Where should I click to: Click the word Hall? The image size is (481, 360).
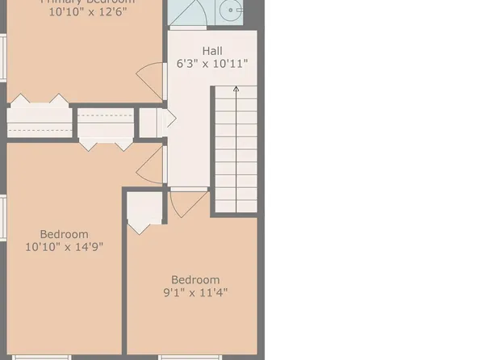point(212,50)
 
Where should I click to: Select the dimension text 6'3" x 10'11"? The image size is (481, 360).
point(212,63)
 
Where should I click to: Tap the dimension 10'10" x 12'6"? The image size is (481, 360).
point(90,13)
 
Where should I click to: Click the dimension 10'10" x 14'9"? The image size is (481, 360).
point(64,246)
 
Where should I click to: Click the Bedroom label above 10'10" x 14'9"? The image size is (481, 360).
point(64,234)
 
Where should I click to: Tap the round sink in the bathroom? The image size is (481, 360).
point(232,12)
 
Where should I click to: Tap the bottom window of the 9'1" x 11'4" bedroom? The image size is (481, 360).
point(190,357)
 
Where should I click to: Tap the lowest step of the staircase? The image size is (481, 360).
point(236,207)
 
